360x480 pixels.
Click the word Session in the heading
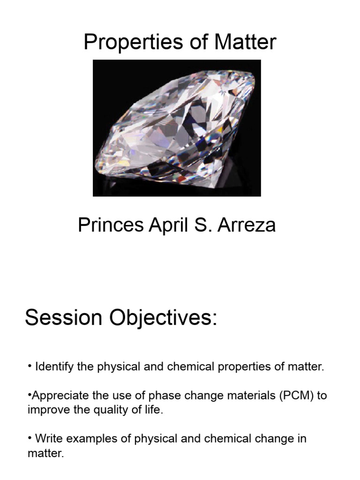64,318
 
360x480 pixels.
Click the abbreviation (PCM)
297,396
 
